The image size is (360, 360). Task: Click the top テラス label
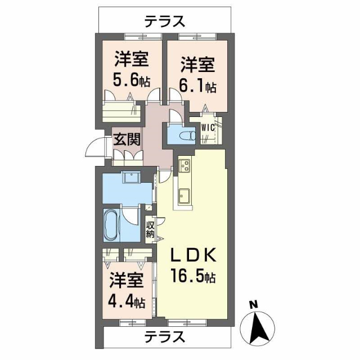164,21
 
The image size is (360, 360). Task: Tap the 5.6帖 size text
132,79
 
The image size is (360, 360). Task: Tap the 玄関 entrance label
127,138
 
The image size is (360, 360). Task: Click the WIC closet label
208,127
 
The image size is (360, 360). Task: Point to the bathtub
110,224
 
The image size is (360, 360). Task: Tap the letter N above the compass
254,305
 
